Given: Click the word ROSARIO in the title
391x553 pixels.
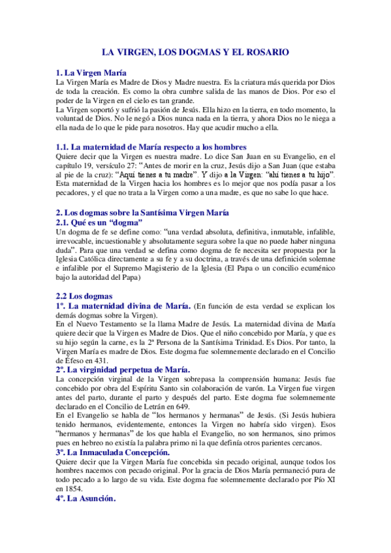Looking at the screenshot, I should click(x=263, y=52).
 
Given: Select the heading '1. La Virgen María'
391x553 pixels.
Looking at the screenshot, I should click(x=92, y=72).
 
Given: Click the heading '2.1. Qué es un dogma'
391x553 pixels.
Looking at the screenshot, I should click(x=99, y=222).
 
